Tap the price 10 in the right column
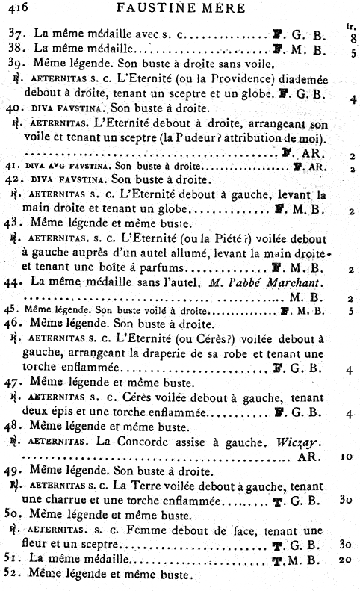coord(345,456)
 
